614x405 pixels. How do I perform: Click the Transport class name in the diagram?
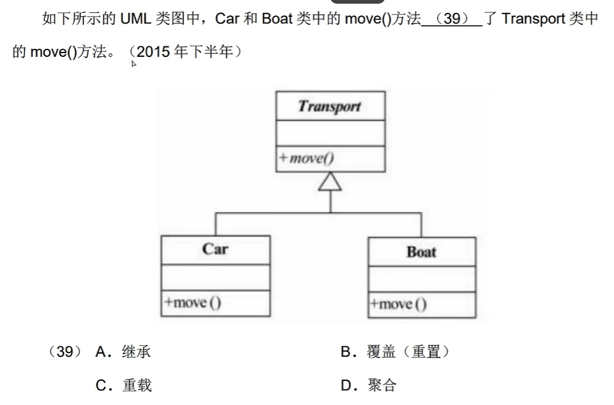[330, 106]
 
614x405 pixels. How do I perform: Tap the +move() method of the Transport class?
[307, 158]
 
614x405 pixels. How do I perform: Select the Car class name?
[215, 249]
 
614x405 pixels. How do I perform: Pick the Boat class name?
[421, 252]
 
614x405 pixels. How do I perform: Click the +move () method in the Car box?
[193, 303]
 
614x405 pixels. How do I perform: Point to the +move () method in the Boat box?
[398, 304]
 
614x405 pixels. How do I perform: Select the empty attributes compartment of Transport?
[330, 134]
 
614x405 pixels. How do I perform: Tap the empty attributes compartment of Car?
[216, 276]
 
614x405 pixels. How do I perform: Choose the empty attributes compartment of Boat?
[422, 279]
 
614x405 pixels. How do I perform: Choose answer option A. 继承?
[124, 352]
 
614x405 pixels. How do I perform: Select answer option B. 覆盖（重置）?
[395, 352]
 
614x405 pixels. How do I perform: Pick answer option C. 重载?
[124, 386]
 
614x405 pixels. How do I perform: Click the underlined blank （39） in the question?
[452, 19]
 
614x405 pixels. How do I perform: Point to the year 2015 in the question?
[153, 52]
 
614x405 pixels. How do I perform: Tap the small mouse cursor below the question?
[133, 62]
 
